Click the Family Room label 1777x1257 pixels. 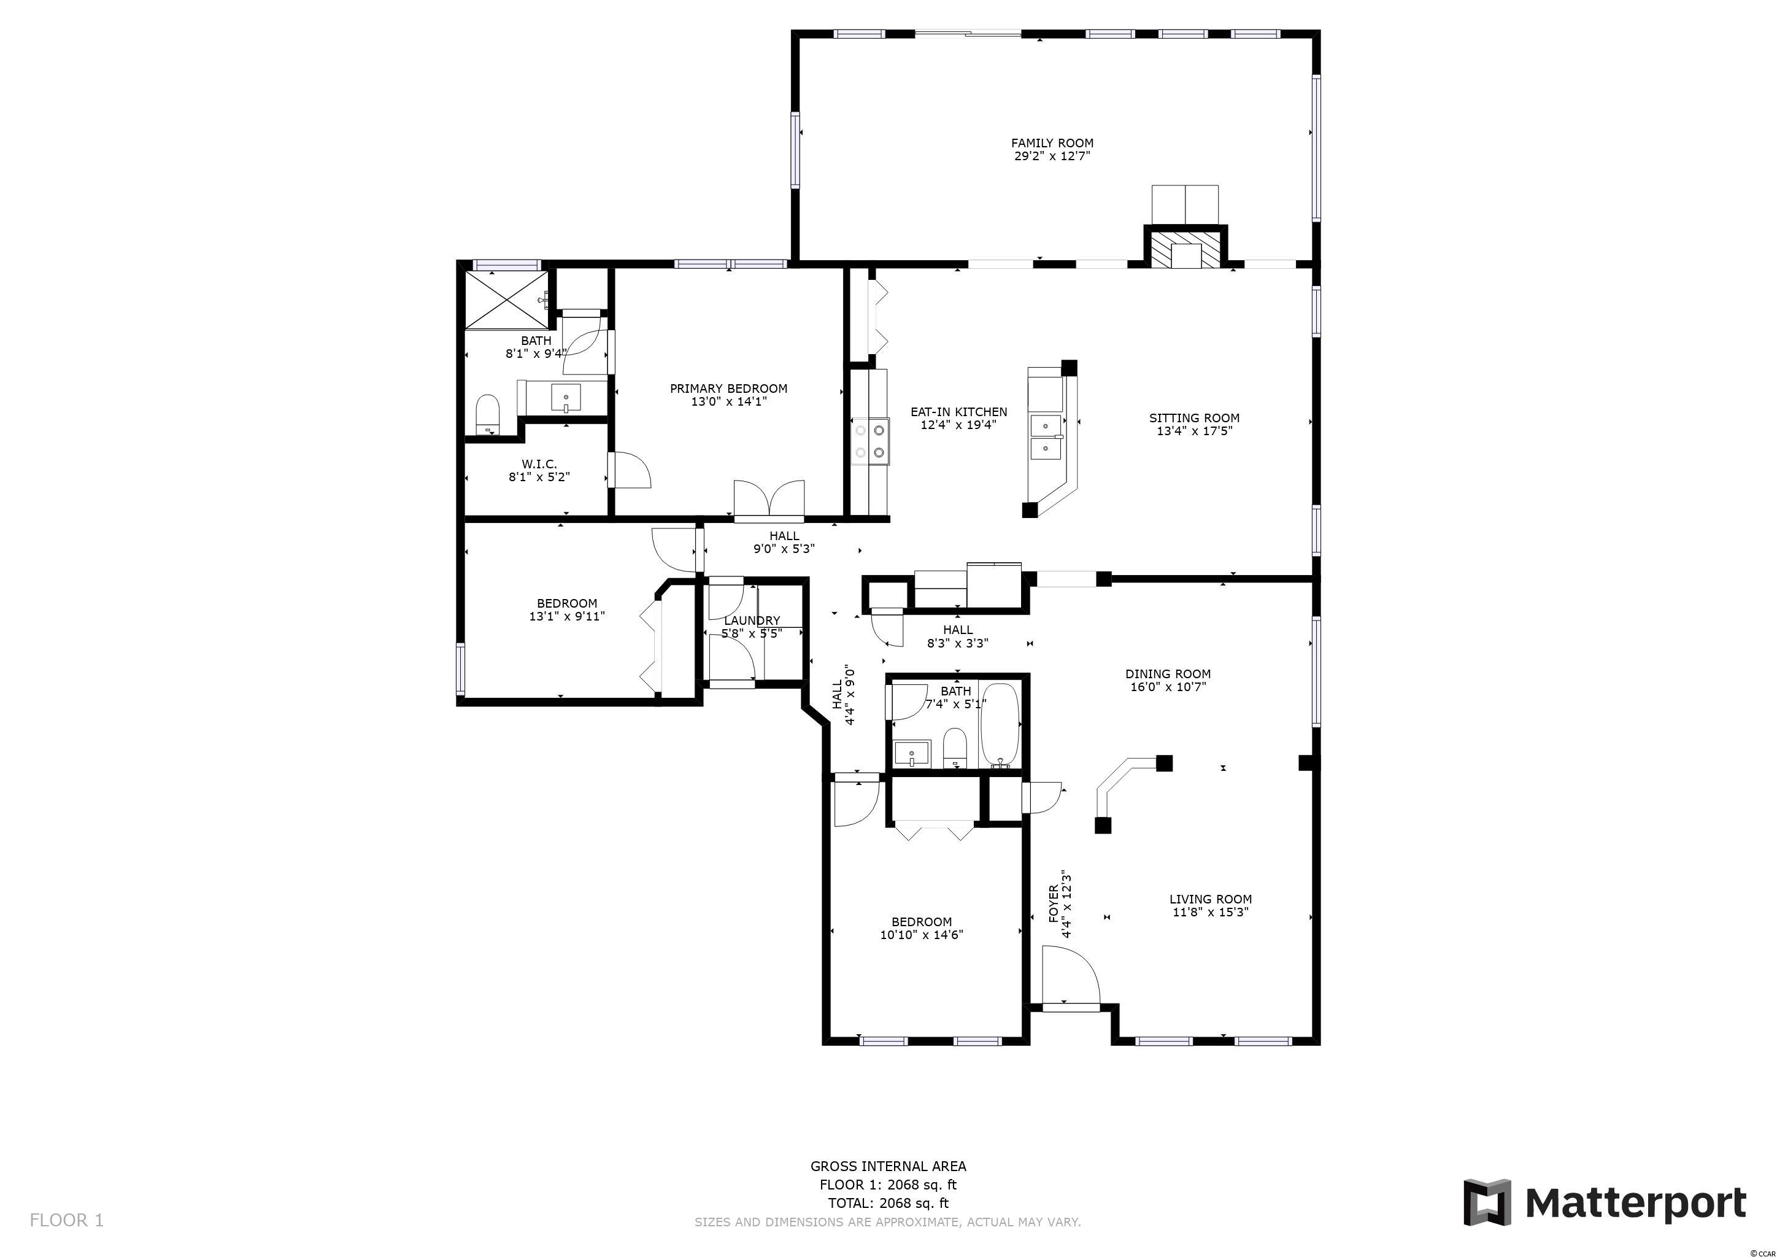coord(1052,143)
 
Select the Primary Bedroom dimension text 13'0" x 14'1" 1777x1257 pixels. coord(728,401)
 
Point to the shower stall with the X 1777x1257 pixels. coord(507,300)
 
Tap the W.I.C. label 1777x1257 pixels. coord(539,465)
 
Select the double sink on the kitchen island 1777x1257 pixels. coord(1046,436)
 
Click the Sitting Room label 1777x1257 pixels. coord(1194,418)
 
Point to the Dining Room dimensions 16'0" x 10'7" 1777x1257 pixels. coord(1168,687)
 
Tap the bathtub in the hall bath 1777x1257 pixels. coord(1000,724)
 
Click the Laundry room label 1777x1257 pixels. coord(752,621)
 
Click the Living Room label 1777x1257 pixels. coord(1211,899)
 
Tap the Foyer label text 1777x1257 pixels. coord(1054,903)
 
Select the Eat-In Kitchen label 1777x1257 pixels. coord(959,412)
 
